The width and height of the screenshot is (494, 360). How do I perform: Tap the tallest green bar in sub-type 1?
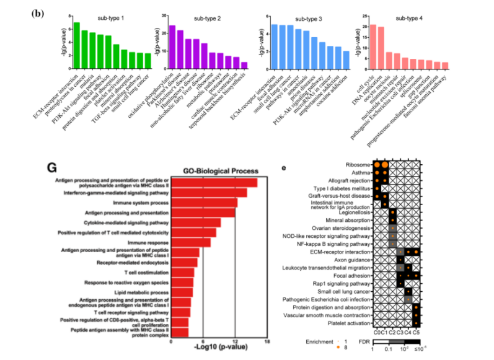(x=77, y=45)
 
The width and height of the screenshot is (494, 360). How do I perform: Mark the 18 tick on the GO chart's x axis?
(x=267, y=341)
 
